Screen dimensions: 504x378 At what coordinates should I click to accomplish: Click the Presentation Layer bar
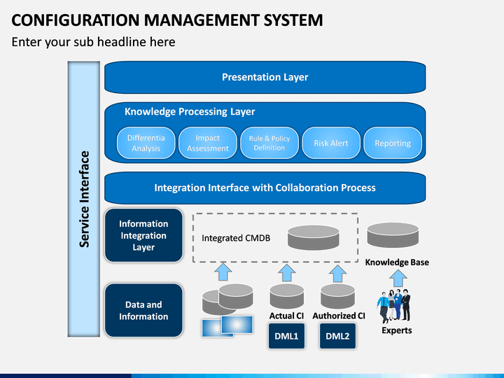point(265,77)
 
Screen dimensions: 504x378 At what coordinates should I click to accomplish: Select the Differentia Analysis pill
point(146,143)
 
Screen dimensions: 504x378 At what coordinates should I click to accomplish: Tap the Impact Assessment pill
point(208,143)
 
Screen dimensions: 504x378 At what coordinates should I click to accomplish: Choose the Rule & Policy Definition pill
point(269,143)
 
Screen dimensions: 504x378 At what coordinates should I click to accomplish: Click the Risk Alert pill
point(331,143)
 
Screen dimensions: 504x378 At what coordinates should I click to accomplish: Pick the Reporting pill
point(393,143)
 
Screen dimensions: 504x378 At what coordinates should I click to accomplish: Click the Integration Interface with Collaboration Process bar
point(265,188)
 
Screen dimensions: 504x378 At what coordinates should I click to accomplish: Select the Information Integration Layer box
point(143,235)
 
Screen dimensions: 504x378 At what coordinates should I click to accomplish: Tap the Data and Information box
point(143,310)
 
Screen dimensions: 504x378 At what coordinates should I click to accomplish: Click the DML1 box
point(286,336)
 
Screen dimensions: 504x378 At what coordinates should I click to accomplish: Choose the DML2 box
point(337,336)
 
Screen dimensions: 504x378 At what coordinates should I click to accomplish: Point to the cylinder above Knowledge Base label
point(393,235)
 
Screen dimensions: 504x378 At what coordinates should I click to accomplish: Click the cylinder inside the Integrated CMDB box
point(314,237)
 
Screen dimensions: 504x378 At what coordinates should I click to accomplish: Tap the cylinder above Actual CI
point(287,296)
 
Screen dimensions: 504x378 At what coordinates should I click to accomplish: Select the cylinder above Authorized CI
point(337,296)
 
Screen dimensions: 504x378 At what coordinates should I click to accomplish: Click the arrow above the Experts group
point(398,278)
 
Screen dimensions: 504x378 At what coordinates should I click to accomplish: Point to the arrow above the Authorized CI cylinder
point(337,273)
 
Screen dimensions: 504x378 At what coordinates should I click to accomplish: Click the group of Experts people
point(393,306)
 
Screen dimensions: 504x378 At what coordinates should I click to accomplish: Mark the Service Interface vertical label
point(84,199)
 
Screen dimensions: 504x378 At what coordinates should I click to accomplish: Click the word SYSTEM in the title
point(293,20)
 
